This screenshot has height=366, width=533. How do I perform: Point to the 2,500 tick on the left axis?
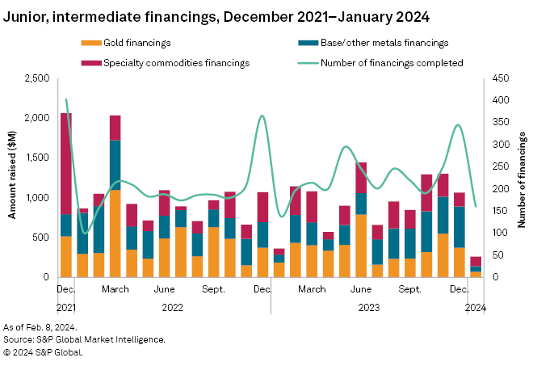(36, 78)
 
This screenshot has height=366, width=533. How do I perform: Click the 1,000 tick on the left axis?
(36, 198)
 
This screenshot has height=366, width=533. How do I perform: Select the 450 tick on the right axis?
(500, 78)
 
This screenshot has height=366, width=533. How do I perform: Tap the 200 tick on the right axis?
(500, 189)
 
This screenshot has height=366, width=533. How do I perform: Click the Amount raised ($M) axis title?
(13, 178)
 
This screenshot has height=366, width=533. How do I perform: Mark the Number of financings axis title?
(521, 178)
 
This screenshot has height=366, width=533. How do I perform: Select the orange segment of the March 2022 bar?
(115, 233)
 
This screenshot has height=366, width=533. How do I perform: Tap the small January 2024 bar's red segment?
(476, 261)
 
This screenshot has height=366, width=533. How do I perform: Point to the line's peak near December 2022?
(262, 116)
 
